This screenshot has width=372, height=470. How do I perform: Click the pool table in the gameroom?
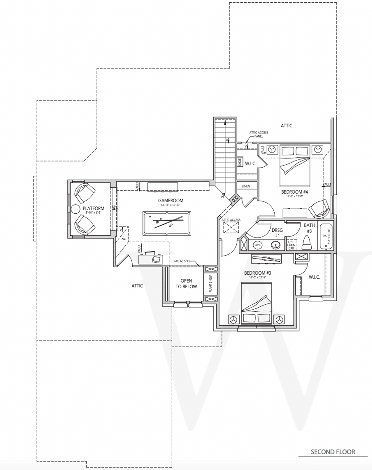[167, 223]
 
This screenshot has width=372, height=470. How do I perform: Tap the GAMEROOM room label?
[171, 201]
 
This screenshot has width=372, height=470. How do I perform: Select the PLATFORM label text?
[93, 208]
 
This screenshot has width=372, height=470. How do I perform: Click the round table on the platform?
[75, 209]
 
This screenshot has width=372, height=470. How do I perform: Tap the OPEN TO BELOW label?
[186, 284]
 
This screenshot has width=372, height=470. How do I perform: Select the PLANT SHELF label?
[211, 284]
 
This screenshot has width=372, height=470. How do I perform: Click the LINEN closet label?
[246, 186]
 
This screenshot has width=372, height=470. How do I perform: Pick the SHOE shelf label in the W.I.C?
[240, 162]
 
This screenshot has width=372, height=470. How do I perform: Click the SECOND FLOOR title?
[333, 452]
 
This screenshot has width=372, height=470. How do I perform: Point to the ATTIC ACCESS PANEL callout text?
[259, 134]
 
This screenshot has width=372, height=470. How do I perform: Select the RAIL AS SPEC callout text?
[182, 261]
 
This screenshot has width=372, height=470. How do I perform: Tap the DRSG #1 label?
[277, 233]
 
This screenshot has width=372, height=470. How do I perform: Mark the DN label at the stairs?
[222, 197]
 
